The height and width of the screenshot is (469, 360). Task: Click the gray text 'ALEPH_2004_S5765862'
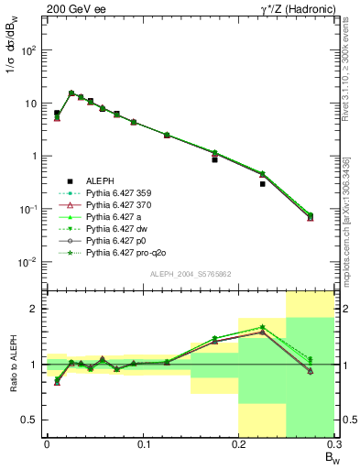click(190, 275)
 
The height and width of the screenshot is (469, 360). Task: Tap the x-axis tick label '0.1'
click(142, 444)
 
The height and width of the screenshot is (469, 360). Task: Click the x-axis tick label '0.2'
click(238, 444)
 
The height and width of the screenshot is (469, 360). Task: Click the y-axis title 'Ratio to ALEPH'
click(12, 364)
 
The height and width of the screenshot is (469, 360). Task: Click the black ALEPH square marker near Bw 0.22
click(262, 183)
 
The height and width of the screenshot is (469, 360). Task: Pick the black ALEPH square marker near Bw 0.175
click(214, 159)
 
